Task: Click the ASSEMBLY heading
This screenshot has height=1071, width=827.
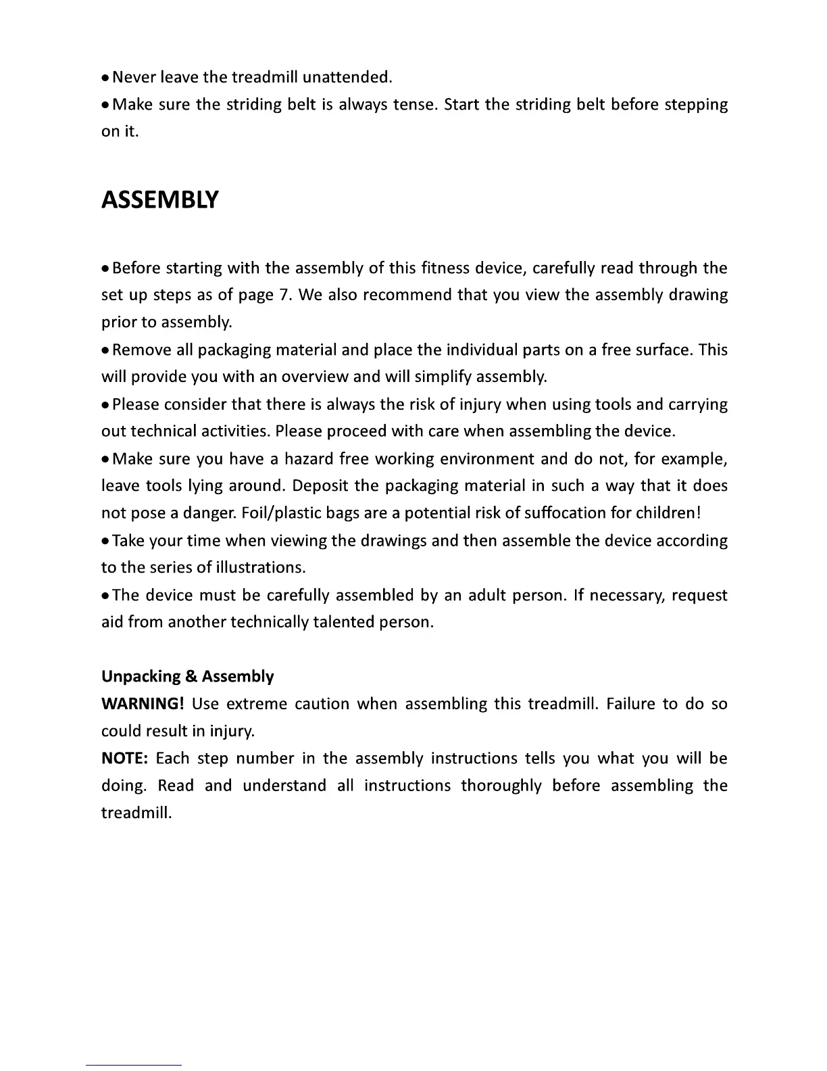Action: (159, 200)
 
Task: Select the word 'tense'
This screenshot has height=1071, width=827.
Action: (412, 105)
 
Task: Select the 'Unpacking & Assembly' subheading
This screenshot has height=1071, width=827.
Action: (187, 677)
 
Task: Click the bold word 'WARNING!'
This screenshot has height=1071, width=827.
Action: (143, 704)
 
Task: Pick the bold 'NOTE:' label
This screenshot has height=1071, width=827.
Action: (124, 759)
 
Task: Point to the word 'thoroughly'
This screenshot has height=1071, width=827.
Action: (501, 786)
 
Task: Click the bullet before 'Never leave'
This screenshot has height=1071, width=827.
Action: (105, 78)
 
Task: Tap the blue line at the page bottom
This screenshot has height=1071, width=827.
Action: (134, 1066)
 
